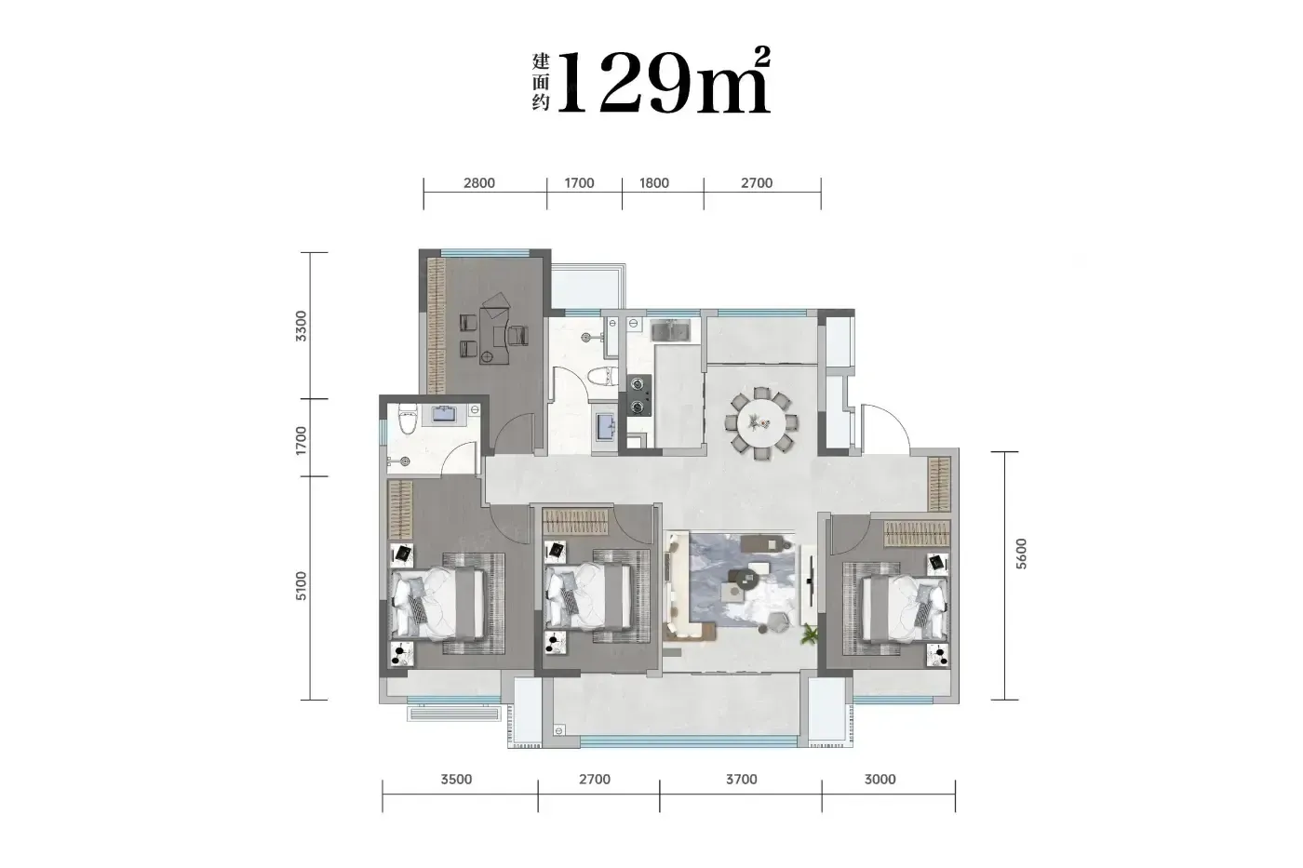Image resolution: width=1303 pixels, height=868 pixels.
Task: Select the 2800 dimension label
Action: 478,183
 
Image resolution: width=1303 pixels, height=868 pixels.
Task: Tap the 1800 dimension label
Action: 653,183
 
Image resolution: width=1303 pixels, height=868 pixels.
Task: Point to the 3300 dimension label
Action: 301,327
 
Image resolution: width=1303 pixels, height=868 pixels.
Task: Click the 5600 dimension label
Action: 1021,554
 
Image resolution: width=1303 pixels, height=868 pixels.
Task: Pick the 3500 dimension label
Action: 456,779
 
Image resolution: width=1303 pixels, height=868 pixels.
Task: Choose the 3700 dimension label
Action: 741,779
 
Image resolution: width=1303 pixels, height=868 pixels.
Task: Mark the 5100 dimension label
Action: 301,586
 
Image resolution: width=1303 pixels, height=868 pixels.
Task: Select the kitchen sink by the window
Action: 670,330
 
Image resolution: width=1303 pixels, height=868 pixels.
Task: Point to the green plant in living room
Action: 809,634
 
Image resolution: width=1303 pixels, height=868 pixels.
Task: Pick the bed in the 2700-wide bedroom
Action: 588,596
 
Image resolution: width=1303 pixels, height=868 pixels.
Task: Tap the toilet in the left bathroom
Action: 408,419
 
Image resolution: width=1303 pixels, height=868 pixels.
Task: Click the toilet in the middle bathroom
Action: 603,377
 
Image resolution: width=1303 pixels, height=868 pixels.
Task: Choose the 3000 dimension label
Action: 880,779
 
